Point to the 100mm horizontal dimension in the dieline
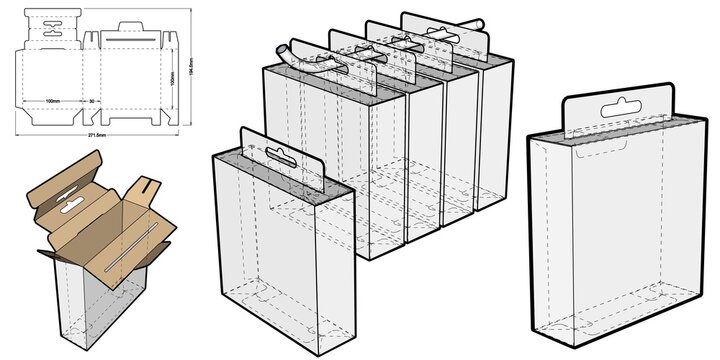(53, 102)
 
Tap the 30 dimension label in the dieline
(91, 102)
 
